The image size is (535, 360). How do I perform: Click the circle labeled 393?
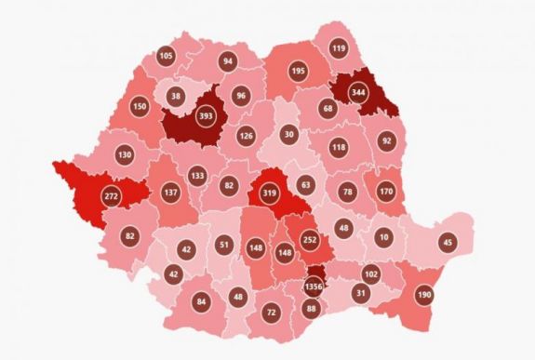click(x=207, y=118)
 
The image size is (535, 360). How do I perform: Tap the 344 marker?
click(x=358, y=93)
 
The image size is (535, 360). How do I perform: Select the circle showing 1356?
click(x=313, y=287)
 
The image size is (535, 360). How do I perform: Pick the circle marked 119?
click(x=338, y=48)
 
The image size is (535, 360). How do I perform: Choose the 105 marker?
click(x=166, y=57)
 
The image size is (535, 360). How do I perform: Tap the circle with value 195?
click(x=298, y=72)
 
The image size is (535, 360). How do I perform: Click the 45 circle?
click(x=448, y=244)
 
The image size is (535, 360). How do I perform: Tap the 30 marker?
click(x=289, y=134)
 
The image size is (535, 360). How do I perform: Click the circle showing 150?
click(x=140, y=107)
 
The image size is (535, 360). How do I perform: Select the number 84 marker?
click(x=202, y=301)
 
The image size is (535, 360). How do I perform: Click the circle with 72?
click(x=271, y=312)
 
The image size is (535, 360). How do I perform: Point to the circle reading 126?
click(x=246, y=137)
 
